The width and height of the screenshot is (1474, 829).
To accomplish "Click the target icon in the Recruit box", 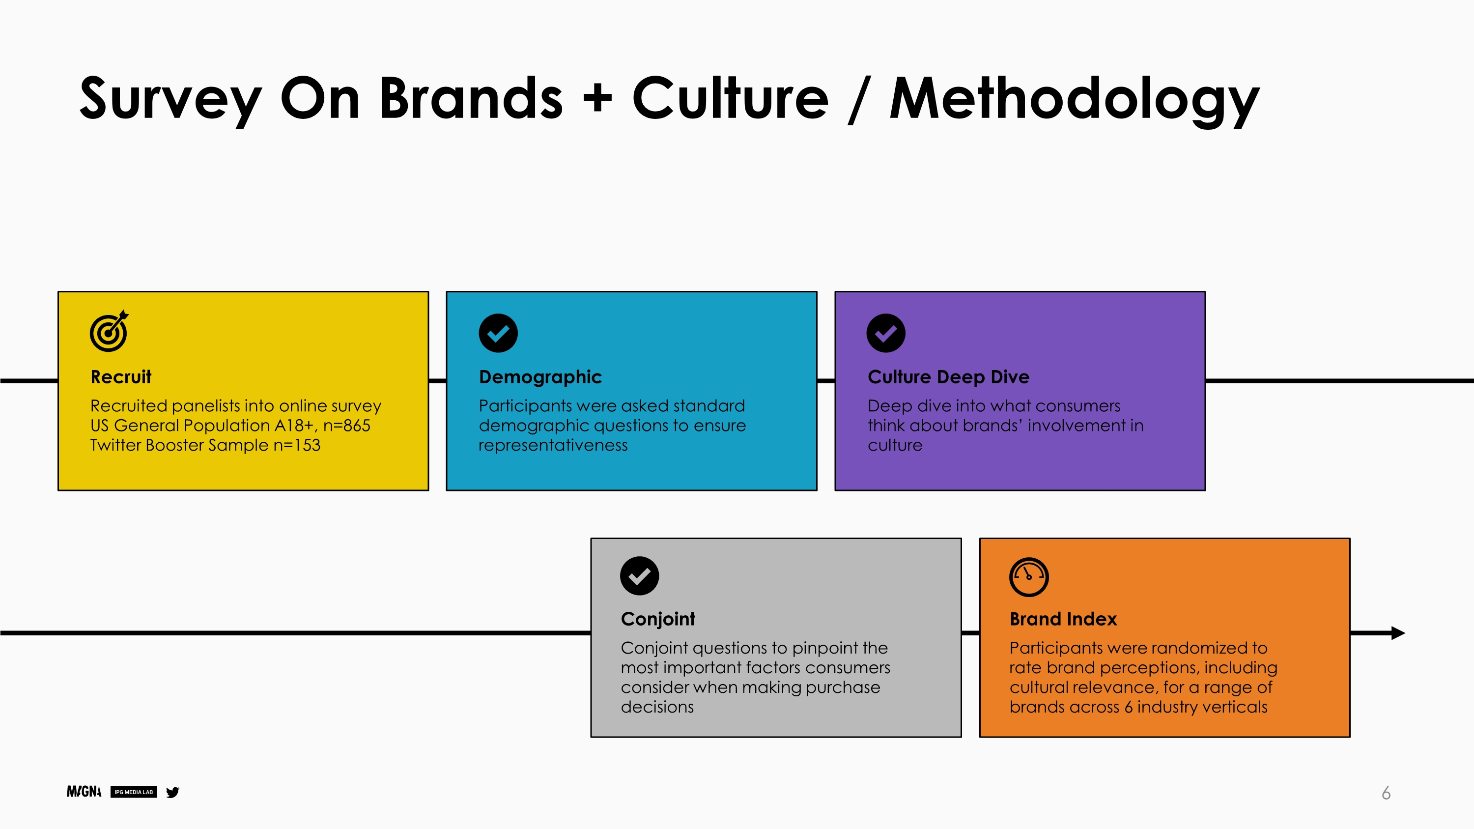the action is (x=109, y=331).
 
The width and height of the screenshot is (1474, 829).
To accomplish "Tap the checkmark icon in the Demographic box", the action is (x=498, y=333).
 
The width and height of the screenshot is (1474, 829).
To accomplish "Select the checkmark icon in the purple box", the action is (x=886, y=333).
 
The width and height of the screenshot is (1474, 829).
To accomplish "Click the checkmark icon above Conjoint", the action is (x=639, y=575).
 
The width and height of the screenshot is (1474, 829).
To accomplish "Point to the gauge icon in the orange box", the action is (x=1028, y=577).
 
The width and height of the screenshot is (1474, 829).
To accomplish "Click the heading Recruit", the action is (x=121, y=377).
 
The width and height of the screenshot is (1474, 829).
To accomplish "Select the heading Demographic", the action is (x=540, y=377).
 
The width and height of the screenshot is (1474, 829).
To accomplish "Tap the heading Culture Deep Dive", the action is (x=948, y=377).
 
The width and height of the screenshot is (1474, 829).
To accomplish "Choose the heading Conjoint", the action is (x=657, y=620).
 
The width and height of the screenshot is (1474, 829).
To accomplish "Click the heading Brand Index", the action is (x=1063, y=619).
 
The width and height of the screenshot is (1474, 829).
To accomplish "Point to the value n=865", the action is (x=347, y=426).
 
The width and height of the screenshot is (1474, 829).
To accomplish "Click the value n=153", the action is (x=296, y=445).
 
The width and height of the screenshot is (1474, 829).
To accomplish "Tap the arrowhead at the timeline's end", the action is (x=1398, y=633).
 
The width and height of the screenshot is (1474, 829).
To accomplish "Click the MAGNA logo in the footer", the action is (x=84, y=792).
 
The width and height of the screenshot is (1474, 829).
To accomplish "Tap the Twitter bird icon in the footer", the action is (x=172, y=792).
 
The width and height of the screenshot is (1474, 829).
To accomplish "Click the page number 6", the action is (x=1386, y=793).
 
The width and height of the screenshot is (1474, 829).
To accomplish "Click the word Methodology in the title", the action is (x=1075, y=100).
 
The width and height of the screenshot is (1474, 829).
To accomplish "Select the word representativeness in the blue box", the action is (x=553, y=446).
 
